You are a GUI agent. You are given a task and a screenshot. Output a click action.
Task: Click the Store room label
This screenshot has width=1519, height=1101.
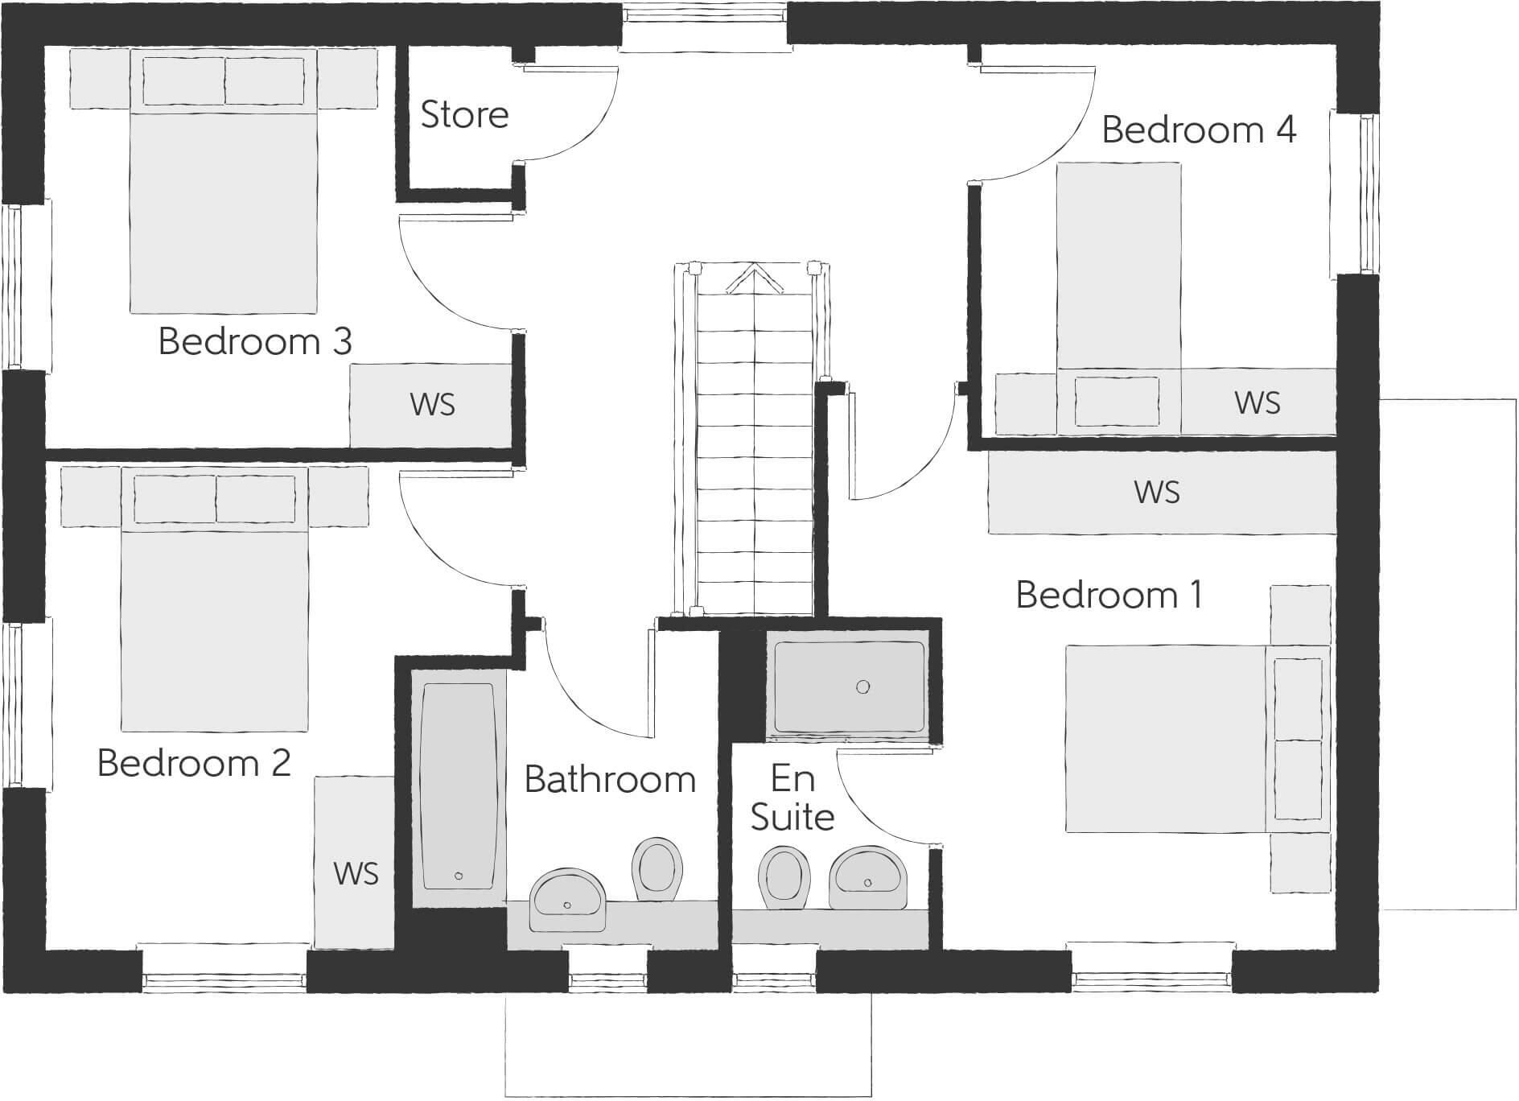(x=464, y=115)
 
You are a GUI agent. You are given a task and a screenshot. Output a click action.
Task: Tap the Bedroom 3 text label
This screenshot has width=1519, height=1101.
(x=255, y=341)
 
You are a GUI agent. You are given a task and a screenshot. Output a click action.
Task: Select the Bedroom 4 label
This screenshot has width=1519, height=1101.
(x=1198, y=130)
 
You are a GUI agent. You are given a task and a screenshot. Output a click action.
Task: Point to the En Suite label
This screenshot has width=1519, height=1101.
(x=792, y=798)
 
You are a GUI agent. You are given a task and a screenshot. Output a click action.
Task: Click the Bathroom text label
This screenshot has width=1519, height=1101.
(x=610, y=780)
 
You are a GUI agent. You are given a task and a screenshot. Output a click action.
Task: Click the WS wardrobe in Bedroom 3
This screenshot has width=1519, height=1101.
(x=432, y=404)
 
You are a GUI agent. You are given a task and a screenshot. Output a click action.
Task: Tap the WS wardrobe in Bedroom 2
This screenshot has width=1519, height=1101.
(x=355, y=872)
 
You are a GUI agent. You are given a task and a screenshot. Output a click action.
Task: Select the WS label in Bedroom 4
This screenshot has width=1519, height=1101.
(x=1257, y=402)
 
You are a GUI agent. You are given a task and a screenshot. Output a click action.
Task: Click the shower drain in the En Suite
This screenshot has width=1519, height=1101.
(x=862, y=687)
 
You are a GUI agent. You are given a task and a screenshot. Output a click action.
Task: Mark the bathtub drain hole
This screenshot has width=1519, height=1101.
(x=459, y=876)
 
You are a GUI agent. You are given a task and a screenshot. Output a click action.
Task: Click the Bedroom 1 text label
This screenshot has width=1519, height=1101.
(x=1109, y=595)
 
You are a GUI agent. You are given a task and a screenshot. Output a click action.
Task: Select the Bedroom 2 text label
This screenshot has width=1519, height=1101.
(x=193, y=763)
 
